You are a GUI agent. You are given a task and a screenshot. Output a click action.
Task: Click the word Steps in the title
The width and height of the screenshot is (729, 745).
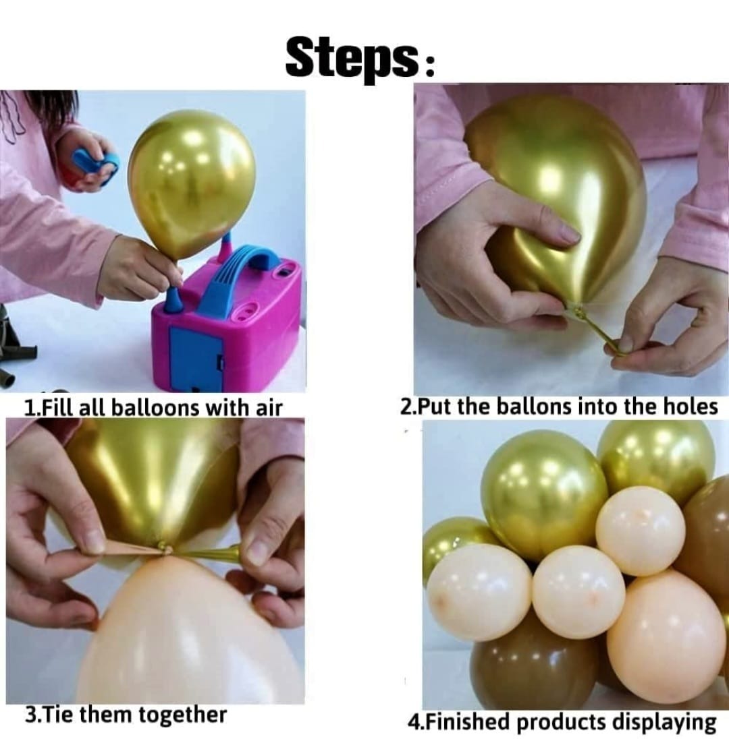pos(350,57)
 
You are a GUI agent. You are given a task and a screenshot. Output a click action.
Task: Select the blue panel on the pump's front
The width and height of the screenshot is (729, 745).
pos(196,358)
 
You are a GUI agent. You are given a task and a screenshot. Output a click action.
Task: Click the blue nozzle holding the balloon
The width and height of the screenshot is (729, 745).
pos(172,300)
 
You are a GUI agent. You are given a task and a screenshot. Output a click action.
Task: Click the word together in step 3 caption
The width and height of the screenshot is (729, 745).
pos(182,715)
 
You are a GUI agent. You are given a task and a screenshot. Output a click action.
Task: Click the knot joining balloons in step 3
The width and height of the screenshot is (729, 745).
pos(162,548)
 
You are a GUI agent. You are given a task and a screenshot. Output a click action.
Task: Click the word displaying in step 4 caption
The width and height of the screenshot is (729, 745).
pos(664,722)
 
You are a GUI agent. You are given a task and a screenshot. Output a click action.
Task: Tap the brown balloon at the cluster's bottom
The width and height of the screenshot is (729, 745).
pos(533,667)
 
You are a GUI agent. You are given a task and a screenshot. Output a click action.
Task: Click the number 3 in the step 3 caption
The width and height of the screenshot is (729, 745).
pos(30,715)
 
